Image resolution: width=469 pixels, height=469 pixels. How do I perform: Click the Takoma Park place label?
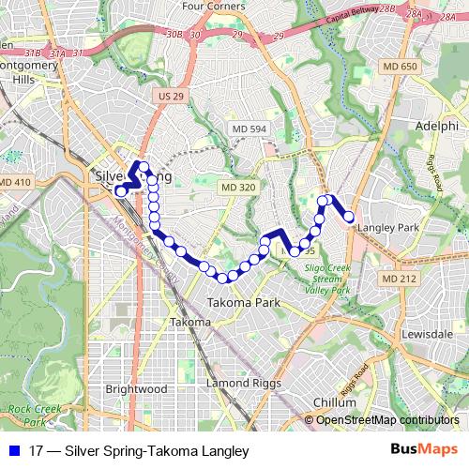click(x=243, y=303)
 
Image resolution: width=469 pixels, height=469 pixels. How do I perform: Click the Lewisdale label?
click(x=427, y=334)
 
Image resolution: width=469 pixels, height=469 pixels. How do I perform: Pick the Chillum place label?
click(x=334, y=401)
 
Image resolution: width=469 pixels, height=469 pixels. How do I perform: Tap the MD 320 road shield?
click(x=238, y=188)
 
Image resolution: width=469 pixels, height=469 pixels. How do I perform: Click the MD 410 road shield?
click(x=16, y=182)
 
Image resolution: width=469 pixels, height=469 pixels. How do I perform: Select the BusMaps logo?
click(x=423, y=451)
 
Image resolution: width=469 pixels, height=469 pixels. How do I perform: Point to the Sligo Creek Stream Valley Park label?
click(x=327, y=279)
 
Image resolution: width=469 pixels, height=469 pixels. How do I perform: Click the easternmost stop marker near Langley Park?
click(x=350, y=217)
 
